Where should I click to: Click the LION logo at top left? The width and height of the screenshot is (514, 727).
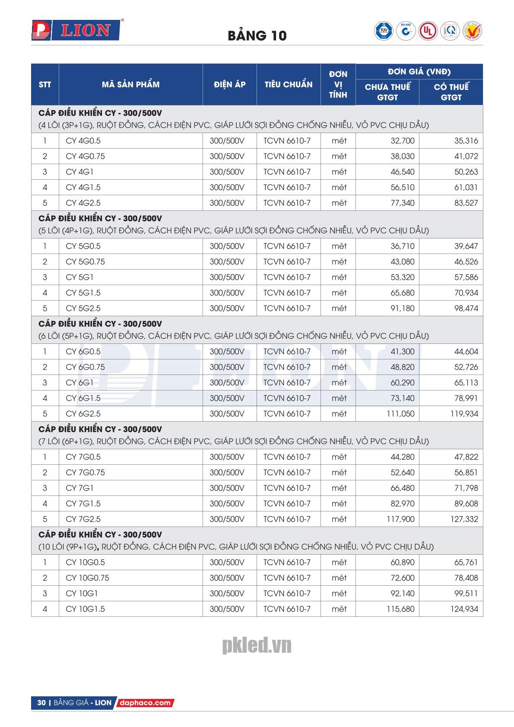coord(75,30)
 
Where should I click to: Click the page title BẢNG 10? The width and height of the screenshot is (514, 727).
coord(257,36)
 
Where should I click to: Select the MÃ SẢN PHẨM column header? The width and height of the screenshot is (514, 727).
coord(130,85)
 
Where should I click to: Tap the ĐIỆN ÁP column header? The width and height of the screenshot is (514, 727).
coord(229,85)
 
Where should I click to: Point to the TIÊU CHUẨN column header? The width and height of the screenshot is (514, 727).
coord(288,85)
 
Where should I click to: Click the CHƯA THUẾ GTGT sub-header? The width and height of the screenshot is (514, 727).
coord(387,92)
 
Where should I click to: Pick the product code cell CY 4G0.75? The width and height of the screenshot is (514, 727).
coord(85,156)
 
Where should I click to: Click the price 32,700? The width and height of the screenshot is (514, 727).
coord(402,141)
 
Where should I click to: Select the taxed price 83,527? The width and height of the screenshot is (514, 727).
coord(466,203)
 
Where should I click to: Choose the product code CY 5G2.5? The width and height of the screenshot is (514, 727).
coord(83,308)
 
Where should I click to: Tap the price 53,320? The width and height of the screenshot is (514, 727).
coord(402,277)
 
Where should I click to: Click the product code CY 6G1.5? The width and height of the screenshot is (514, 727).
coord(83,398)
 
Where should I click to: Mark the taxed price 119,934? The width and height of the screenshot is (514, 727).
coord(464,414)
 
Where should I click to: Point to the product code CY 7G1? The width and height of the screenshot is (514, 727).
coord(79,488)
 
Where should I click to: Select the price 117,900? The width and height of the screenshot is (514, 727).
coord(400,519)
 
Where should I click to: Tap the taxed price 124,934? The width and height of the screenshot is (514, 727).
coord(464,609)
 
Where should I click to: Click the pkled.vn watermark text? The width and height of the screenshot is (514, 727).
coord(257,645)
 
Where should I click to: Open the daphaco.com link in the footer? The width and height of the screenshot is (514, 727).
coord(144,703)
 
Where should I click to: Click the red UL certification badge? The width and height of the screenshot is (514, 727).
coord(427,31)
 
